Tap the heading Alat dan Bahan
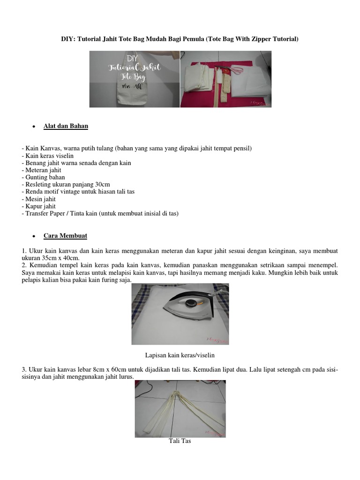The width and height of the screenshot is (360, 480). point(66,126)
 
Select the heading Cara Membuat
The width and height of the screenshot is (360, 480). point(65,235)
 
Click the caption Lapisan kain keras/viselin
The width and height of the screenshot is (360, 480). point(180,355)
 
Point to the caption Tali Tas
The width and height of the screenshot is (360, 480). point(180,441)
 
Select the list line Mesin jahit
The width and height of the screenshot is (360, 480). point(39,199)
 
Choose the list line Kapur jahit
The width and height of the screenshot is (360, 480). point(39,206)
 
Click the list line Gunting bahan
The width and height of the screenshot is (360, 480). point(43,177)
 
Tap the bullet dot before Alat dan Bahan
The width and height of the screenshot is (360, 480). point(34,127)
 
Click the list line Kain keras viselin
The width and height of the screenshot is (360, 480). point(47,156)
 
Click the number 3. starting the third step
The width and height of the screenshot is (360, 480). point(24,369)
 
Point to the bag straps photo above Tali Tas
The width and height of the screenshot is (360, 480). point(180,408)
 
